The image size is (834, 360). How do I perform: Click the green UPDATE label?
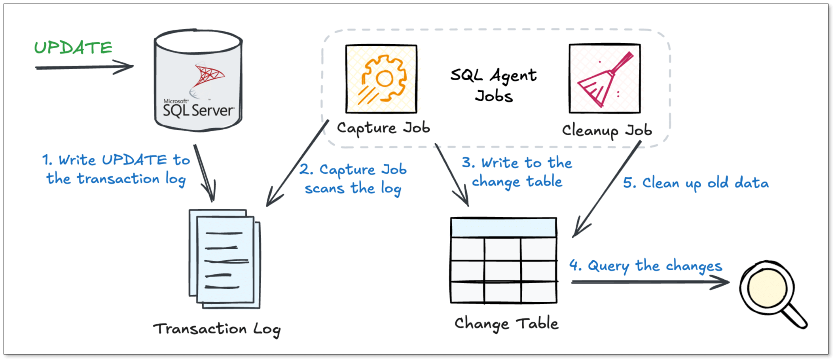pyautogui.click(x=73, y=47)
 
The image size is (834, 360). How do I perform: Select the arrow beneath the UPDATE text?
pyautogui.click(x=84, y=67)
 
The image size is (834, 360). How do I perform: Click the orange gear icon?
pyautogui.click(x=381, y=79)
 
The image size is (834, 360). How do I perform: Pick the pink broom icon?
pyautogui.click(x=605, y=79)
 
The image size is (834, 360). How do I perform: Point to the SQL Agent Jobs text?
pyautogui.click(x=494, y=85)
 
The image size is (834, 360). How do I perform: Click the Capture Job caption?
pyautogui.click(x=383, y=128)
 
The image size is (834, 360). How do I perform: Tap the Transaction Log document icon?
pyautogui.click(x=225, y=259)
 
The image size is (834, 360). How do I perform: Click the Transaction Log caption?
pyautogui.click(x=217, y=329)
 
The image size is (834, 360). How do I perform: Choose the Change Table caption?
pyautogui.click(x=506, y=324)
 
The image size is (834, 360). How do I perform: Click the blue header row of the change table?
pyautogui.click(x=503, y=227)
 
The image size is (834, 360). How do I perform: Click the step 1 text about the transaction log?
pyautogui.click(x=116, y=169)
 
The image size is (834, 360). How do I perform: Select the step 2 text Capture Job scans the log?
pyautogui.click(x=353, y=179)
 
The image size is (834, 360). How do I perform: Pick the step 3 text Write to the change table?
pyautogui.click(x=517, y=172)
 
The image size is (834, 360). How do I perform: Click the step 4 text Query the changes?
pyautogui.click(x=646, y=266)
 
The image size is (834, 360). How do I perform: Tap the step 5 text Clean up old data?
pyautogui.click(x=696, y=183)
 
